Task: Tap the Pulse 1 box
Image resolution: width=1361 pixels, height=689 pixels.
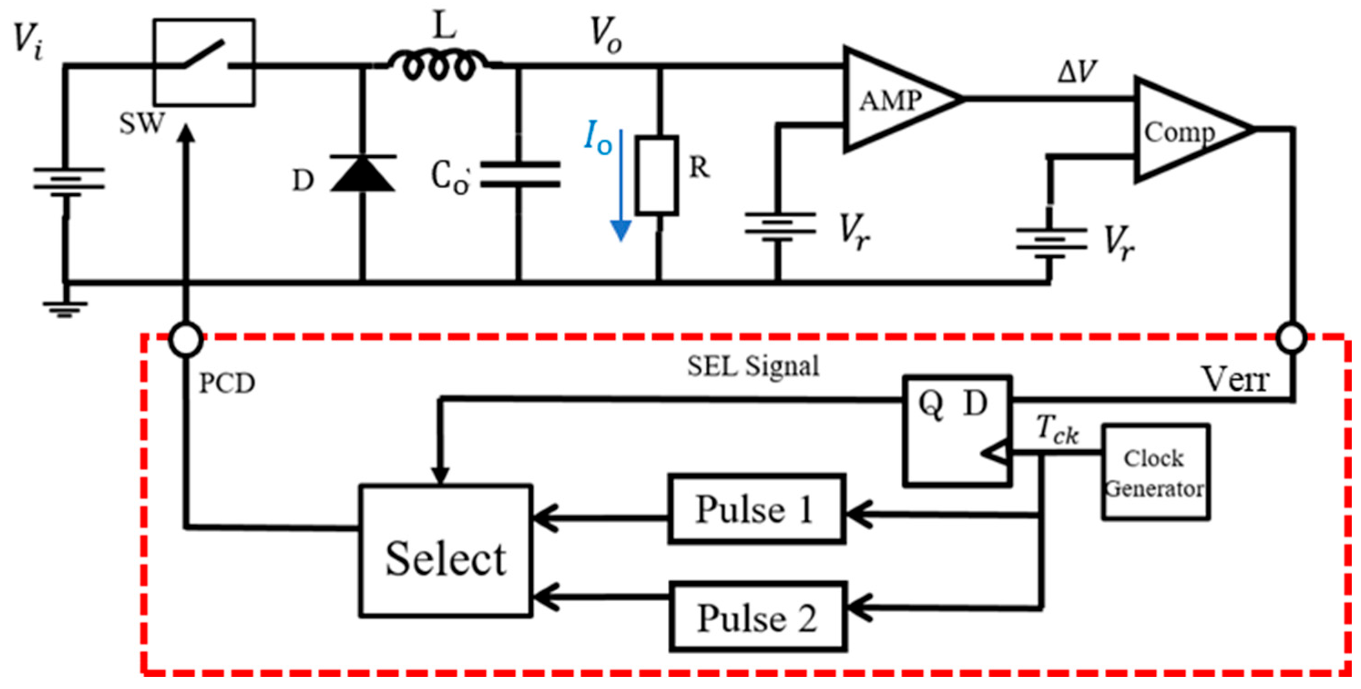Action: tap(756, 509)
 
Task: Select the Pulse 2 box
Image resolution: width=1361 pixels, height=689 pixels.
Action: tap(757, 617)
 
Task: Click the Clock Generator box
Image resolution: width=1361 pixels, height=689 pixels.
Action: tap(1155, 472)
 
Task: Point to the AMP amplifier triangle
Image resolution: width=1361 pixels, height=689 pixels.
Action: tap(893, 100)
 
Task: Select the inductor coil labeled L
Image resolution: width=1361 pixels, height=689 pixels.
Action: tap(438, 66)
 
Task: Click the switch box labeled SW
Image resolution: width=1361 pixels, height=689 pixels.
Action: tap(204, 62)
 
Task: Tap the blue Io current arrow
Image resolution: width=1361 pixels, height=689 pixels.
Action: tap(621, 185)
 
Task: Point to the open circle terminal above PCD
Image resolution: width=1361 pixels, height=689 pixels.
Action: tap(185, 339)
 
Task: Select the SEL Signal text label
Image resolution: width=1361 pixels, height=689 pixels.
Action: tap(752, 365)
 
